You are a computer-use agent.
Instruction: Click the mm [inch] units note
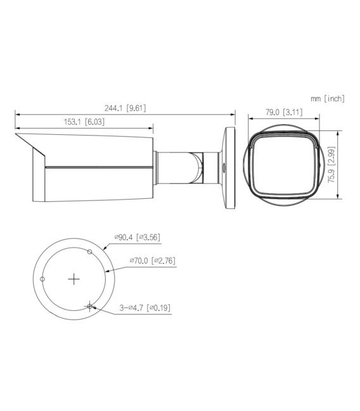click(x=328, y=98)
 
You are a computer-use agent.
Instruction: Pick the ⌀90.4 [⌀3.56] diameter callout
click(x=137, y=237)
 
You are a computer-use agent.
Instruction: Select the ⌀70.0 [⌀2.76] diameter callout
click(x=153, y=260)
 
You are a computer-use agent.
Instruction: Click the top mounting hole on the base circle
click(x=91, y=251)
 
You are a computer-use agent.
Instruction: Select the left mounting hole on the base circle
click(x=42, y=279)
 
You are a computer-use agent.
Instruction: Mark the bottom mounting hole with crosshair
click(x=91, y=306)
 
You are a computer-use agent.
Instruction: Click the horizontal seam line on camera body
click(x=98, y=168)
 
